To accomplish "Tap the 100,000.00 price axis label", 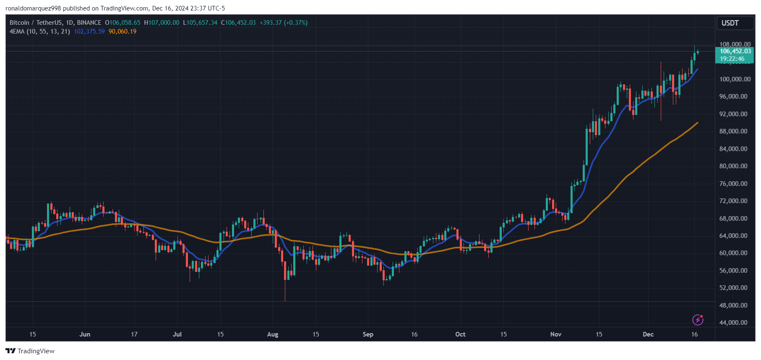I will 735,79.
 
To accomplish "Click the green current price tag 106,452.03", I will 735,52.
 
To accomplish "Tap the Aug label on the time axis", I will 273,334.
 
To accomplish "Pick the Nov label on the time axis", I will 555,334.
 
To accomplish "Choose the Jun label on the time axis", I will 85,334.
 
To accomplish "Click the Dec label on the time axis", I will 648,334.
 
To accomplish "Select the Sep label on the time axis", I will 368,334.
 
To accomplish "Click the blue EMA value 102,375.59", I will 89,31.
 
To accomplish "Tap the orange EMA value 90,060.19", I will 122,31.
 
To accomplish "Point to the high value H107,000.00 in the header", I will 162,23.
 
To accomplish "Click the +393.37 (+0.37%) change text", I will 284,23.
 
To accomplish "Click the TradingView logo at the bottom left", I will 30,351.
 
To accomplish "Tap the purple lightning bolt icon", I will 698,320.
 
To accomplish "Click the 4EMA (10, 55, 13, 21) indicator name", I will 40,31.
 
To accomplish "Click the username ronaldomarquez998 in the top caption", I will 33,8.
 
